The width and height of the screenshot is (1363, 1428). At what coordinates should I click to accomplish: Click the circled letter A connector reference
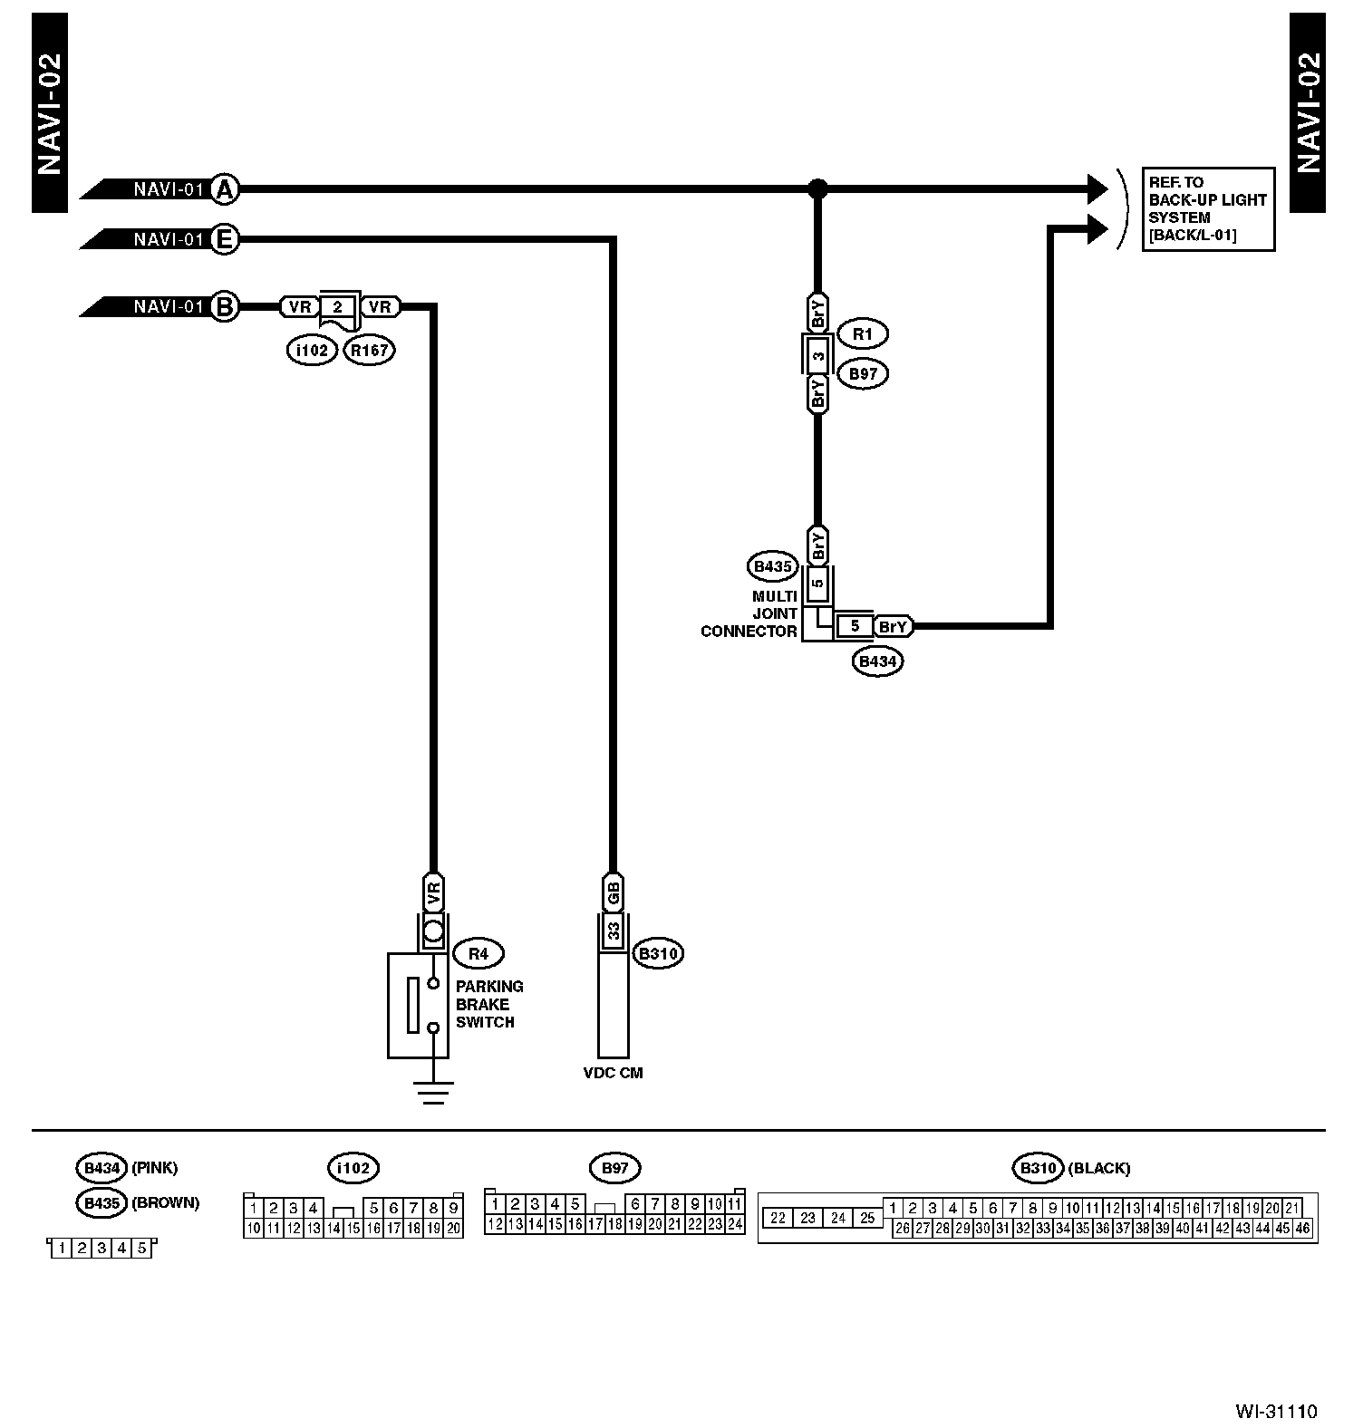click(x=224, y=189)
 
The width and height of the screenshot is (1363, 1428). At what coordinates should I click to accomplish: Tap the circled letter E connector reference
click(x=224, y=240)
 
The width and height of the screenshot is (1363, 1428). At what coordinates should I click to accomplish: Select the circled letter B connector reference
click(x=224, y=306)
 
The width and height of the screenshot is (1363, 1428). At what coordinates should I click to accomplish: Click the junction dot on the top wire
click(x=817, y=189)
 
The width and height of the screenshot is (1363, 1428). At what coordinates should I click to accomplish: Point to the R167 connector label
click(x=370, y=350)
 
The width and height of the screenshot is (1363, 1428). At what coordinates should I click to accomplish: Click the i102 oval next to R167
click(x=313, y=350)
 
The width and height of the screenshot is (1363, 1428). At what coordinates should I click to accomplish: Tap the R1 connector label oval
click(x=862, y=334)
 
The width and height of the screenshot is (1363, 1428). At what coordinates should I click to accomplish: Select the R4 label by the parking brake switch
click(x=478, y=953)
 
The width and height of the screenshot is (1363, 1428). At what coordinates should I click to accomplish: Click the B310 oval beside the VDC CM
click(x=659, y=953)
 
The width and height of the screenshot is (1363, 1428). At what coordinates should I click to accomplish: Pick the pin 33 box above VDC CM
click(x=614, y=931)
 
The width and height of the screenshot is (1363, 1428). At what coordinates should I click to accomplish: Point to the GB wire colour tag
click(x=614, y=892)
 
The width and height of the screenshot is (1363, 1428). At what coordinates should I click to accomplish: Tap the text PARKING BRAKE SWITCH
click(x=488, y=1004)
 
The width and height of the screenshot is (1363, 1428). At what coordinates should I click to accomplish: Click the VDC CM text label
click(x=613, y=1073)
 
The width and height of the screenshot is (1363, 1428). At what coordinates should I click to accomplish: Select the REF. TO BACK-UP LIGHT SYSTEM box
click(x=1207, y=208)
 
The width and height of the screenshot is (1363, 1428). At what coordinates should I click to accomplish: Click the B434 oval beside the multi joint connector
click(x=877, y=661)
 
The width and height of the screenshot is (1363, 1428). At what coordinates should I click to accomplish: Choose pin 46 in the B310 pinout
click(x=1302, y=1229)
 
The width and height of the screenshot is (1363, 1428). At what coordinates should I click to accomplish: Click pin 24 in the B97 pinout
click(x=735, y=1224)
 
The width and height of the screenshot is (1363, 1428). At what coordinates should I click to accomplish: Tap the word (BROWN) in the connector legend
click(x=165, y=1203)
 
